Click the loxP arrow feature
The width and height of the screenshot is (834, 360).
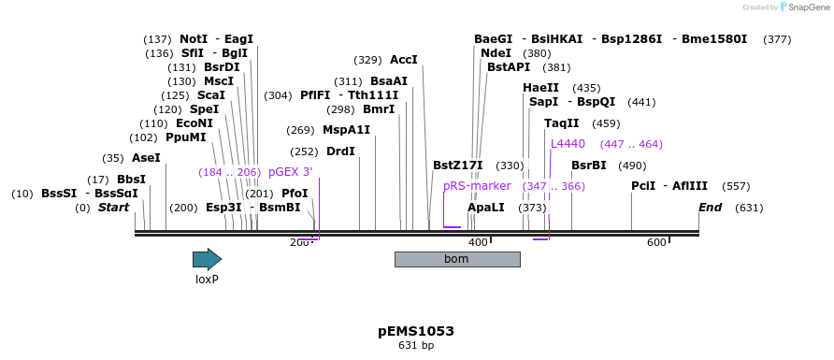(x=207, y=259)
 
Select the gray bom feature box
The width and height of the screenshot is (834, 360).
(x=456, y=259)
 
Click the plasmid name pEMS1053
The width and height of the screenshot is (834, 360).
(x=416, y=331)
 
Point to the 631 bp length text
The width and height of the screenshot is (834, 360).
(x=416, y=346)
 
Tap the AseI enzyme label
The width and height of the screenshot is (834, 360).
(x=146, y=158)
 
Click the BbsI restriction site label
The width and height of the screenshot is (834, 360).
(x=131, y=180)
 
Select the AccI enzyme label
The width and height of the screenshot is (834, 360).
(x=404, y=60)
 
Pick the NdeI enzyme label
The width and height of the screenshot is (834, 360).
(x=496, y=53)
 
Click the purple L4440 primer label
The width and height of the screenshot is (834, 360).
(x=568, y=144)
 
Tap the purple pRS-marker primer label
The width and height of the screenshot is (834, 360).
(x=477, y=186)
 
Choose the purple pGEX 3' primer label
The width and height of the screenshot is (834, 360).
(x=290, y=172)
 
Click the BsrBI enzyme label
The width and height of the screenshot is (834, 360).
(x=589, y=166)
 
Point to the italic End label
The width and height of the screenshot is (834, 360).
(x=710, y=208)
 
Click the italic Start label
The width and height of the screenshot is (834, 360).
(x=113, y=208)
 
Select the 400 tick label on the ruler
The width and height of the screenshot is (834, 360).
(x=478, y=243)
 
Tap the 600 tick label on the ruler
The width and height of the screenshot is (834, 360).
(x=656, y=243)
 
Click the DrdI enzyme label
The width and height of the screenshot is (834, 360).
(x=340, y=151)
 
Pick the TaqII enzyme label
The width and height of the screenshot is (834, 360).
(x=562, y=123)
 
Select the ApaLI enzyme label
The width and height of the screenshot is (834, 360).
(x=486, y=208)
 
